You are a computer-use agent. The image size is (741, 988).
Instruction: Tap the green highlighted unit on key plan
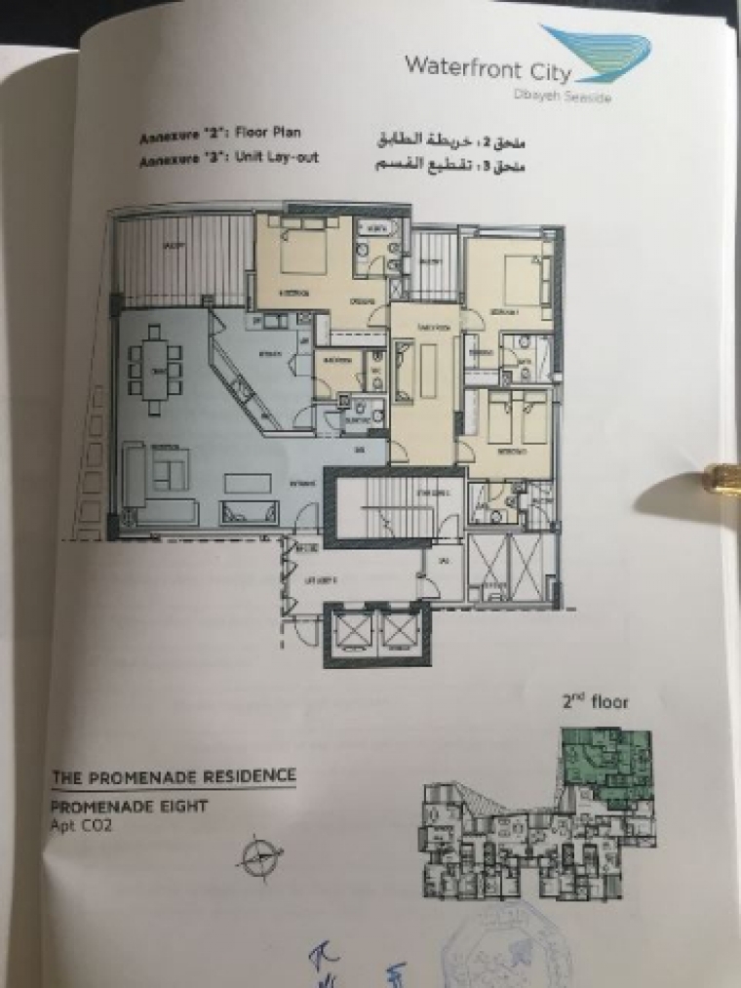click(599, 756)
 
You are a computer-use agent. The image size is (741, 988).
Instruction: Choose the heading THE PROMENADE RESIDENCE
click(174, 777)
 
